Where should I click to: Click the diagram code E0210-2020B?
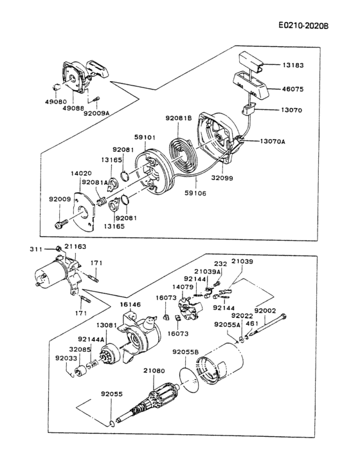pos(303,26)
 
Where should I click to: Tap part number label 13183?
pos(292,65)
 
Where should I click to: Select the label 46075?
pos(292,89)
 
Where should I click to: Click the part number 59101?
pos(145,138)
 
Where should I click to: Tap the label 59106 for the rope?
pos(196,193)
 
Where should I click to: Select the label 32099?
pos(222,178)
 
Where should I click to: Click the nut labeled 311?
pos(59,249)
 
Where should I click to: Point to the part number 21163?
pos(75,246)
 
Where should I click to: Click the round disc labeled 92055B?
pos(189,380)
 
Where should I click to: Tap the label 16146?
pos(130,304)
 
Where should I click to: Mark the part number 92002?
pos(265,310)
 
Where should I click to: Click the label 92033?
pos(66,358)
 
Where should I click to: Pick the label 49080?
pos(56,102)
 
